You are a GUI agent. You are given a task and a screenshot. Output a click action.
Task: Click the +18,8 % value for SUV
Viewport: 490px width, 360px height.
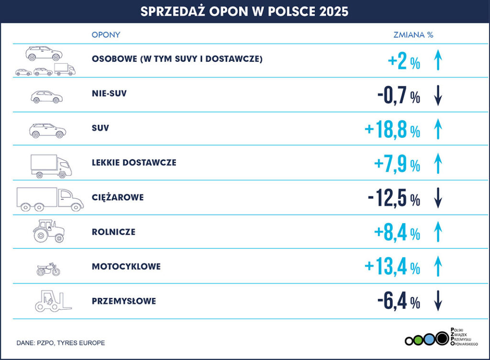392,130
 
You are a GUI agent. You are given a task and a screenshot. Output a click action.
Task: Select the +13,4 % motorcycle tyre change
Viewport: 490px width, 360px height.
392,266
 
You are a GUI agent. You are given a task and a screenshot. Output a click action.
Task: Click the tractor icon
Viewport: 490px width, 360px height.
49,231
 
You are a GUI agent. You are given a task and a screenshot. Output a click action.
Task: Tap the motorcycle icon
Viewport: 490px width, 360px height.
48,270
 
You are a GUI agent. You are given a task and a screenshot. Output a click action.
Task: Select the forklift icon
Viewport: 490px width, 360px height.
52,301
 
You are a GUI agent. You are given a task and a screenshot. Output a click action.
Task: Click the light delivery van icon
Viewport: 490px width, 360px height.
51,166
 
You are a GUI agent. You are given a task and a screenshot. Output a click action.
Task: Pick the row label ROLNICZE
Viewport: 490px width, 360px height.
113,232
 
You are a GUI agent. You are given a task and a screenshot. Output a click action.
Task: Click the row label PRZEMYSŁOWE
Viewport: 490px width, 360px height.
124,301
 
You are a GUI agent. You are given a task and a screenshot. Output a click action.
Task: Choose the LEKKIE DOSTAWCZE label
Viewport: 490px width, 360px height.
134,163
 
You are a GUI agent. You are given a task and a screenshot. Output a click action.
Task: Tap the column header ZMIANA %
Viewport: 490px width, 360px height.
413,35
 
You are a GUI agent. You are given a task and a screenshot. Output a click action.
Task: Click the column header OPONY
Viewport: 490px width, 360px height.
106,35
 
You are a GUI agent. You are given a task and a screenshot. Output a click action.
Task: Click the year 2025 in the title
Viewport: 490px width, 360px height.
332,11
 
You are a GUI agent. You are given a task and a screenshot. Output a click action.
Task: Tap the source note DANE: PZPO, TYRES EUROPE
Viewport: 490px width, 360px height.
61,343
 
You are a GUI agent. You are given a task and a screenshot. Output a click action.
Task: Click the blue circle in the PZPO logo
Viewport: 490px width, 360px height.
429,340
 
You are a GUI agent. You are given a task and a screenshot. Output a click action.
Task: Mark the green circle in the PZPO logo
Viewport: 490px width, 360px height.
418,340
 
